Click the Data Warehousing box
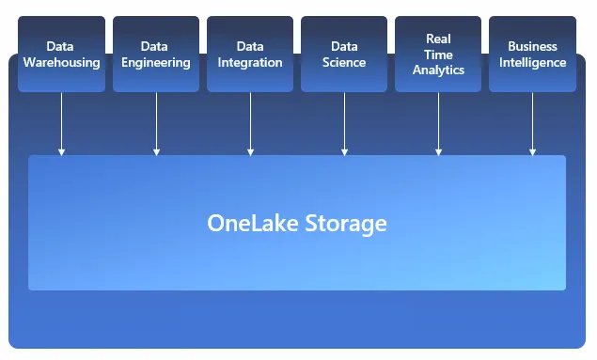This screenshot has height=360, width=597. point(61,54)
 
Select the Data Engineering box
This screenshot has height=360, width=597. point(156,54)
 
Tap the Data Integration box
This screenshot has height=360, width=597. point(250,54)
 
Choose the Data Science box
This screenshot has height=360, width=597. point(344,54)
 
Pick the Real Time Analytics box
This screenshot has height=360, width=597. point(438,54)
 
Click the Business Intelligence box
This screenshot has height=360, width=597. point(532,54)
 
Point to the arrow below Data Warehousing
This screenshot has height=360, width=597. point(61,123)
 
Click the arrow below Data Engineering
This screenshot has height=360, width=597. point(156,123)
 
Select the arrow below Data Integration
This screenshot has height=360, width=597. point(250,123)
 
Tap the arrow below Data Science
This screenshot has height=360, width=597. point(344,123)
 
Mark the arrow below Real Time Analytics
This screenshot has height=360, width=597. point(438,123)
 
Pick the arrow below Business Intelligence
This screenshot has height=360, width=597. point(532,123)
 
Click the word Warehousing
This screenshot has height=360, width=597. point(61,63)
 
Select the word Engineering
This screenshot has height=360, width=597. point(156,63)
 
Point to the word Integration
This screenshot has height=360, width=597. point(250,63)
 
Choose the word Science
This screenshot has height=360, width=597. point(344,63)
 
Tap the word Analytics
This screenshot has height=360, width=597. point(438,70)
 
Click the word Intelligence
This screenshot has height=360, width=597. point(532,63)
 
